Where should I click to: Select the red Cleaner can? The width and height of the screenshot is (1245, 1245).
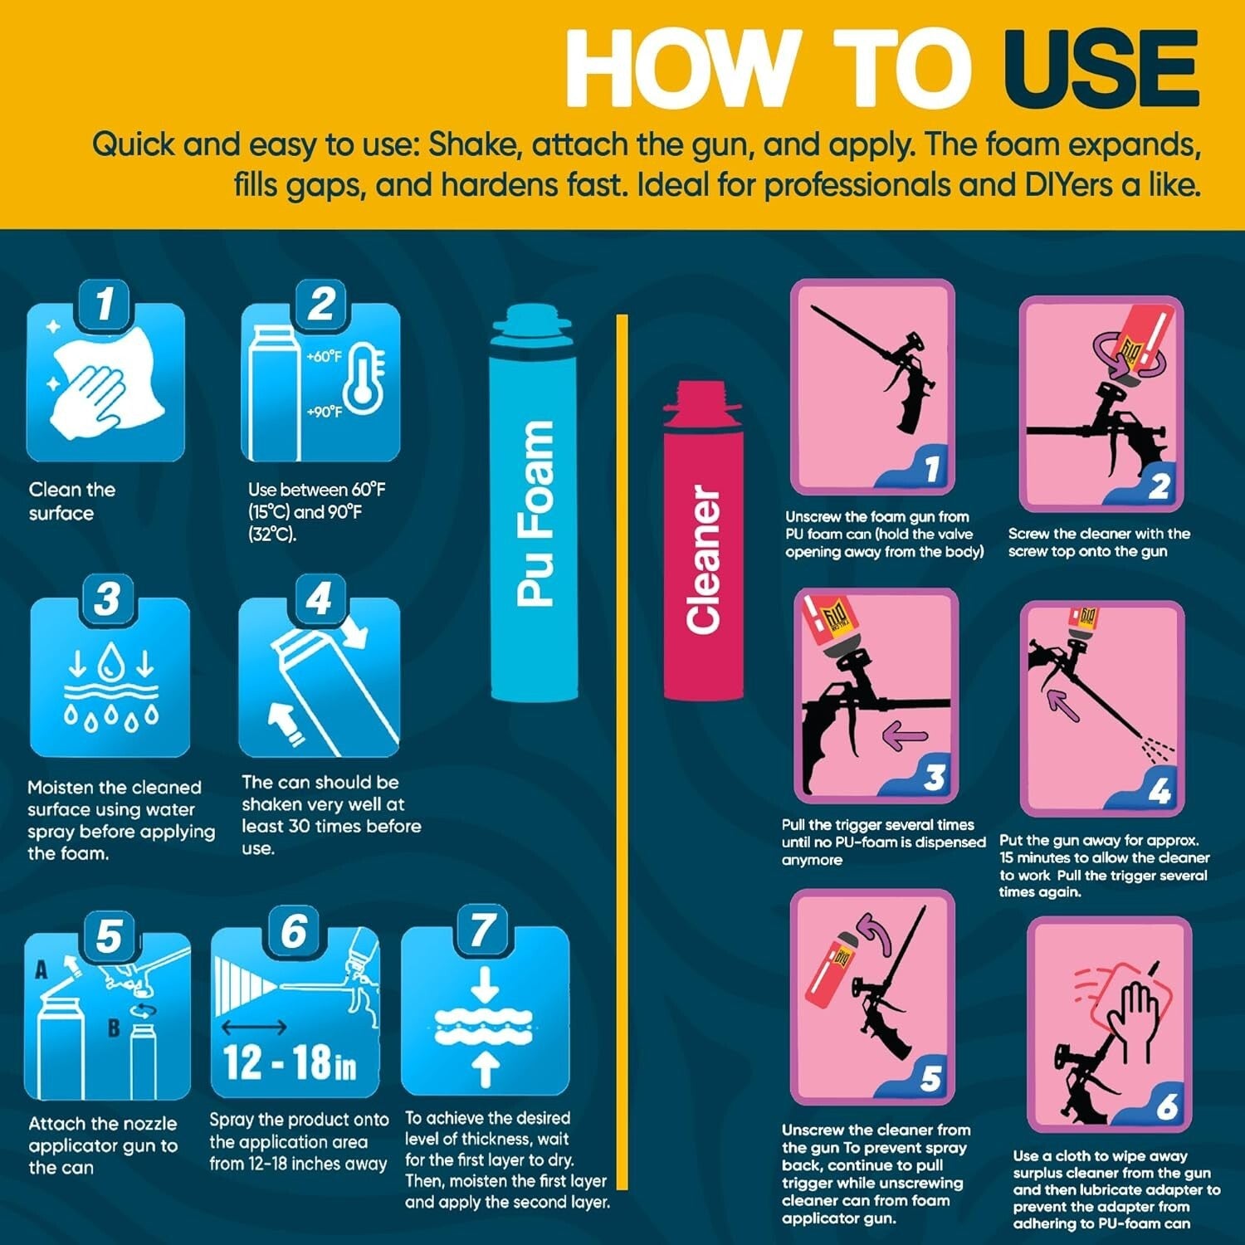point(703,540)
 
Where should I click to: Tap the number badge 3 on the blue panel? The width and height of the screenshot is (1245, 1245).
point(107,600)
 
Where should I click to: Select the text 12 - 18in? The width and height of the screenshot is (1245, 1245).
point(290,1062)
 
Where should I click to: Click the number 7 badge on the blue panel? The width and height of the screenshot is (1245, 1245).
point(483,930)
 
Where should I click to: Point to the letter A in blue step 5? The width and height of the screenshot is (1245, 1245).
point(41,969)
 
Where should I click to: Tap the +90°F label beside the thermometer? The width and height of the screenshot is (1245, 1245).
point(324,412)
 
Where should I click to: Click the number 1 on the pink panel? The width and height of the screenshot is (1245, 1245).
point(931,469)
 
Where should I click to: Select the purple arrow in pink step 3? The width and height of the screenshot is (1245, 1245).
point(904,735)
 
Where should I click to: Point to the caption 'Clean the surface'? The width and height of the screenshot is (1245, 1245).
point(72,501)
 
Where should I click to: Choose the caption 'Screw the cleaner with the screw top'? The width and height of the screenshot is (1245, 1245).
point(1099,542)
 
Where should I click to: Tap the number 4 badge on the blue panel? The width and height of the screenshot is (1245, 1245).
point(320,598)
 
